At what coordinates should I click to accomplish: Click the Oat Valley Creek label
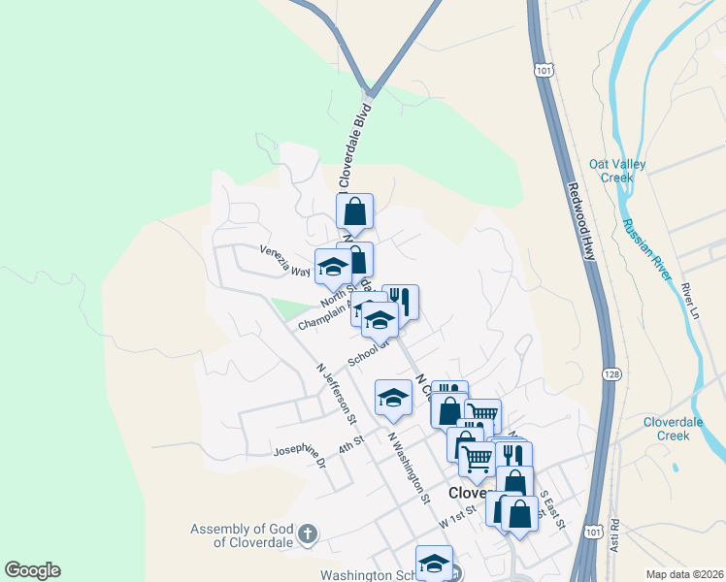pyautogui.click(x=617, y=171)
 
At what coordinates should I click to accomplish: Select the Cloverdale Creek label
pyautogui.click(x=679, y=429)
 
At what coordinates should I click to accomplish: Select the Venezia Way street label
pyautogui.click(x=284, y=261)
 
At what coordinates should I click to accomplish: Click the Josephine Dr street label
pyautogui.click(x=299, y=455)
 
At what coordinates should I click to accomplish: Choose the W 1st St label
pyautogui.click(x=457, y=515)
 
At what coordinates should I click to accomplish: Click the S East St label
pyautogui.click(x=552, y=509)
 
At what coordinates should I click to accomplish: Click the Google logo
pyautogui.click(x=32, y=570)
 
